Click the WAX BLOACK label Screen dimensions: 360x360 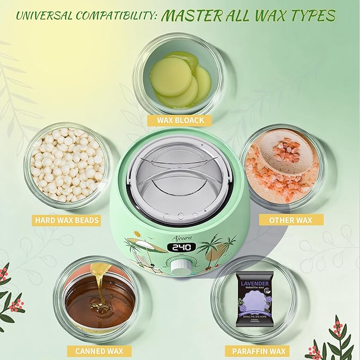[x=180, y=120]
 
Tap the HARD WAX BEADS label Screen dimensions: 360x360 [x=67, y=219]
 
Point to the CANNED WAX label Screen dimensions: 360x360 [x=96, y=350]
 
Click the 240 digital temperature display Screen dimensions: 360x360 [x=180, y=248]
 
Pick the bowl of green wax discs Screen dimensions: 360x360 [x=180, y=81]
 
